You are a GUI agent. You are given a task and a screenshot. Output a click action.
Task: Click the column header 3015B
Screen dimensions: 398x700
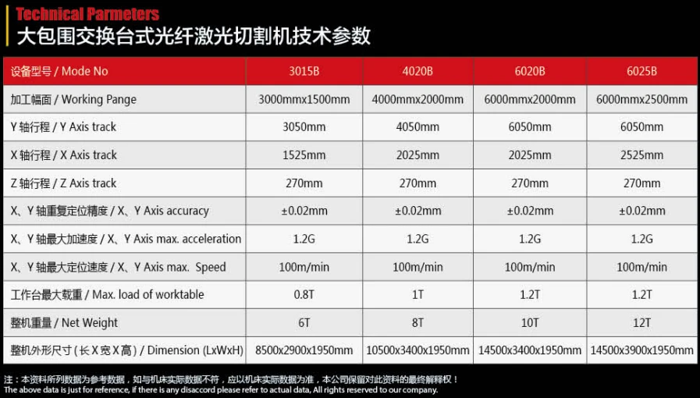(x=304, y=71)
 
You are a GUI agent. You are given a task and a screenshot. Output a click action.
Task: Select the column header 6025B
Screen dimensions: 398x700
(x=641, y=71)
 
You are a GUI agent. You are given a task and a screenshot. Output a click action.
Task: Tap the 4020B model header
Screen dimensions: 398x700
(x=418, y=71)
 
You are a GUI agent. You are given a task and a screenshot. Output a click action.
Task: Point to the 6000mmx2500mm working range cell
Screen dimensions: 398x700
(x=641, y=99)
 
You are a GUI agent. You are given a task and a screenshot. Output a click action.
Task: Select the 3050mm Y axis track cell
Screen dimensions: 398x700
(x=304, y=127)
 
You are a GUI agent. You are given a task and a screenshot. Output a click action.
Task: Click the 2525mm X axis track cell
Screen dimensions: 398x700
(x=641, y=155)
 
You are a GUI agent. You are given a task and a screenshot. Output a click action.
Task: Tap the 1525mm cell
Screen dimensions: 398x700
(x=304, y=155)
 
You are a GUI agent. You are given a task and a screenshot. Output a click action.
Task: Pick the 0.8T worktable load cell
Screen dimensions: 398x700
(x=304, y=295)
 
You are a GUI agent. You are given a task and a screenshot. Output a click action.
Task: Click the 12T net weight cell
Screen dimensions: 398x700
(x=641, y=323)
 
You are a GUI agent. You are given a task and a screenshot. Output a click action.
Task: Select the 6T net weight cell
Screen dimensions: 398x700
(x=304, y=323)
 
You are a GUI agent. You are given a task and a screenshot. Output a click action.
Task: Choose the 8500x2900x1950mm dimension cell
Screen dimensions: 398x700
(x=304, y=350)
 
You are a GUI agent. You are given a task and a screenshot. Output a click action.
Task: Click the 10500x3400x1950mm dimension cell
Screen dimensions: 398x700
(x=418, y=350)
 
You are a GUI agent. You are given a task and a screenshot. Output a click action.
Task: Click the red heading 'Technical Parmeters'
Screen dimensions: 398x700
(x=87, y=14)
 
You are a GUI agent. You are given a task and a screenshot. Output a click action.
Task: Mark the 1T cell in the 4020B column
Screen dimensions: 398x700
(x=418, y=295)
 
